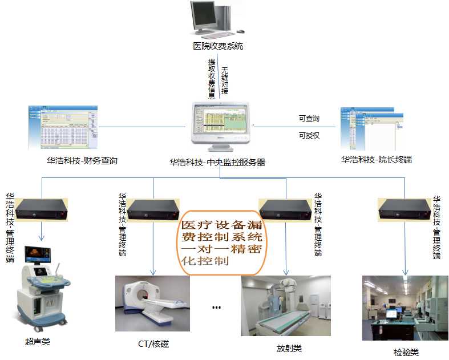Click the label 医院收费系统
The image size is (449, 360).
point(218,46)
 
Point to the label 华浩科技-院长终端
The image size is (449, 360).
point(376,160)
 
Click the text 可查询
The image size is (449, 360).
point(309,119)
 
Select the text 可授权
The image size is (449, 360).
point(309,136)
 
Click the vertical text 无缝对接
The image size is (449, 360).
point(224,80)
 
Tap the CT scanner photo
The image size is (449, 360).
point(152,303)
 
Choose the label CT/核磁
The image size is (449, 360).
point(153,344)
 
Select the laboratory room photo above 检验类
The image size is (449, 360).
point(405,308)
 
